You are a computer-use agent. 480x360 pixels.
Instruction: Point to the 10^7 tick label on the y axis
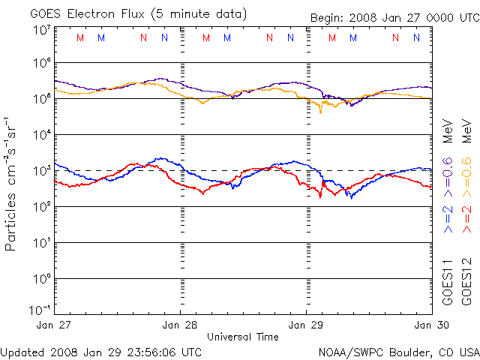point(40,31)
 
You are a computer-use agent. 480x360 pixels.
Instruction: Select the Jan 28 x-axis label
point(181,325)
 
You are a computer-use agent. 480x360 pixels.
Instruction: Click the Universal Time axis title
point(242,337)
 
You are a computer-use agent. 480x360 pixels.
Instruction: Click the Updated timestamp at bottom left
point(101,352)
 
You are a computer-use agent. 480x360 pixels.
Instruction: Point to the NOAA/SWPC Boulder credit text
point(398,352)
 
